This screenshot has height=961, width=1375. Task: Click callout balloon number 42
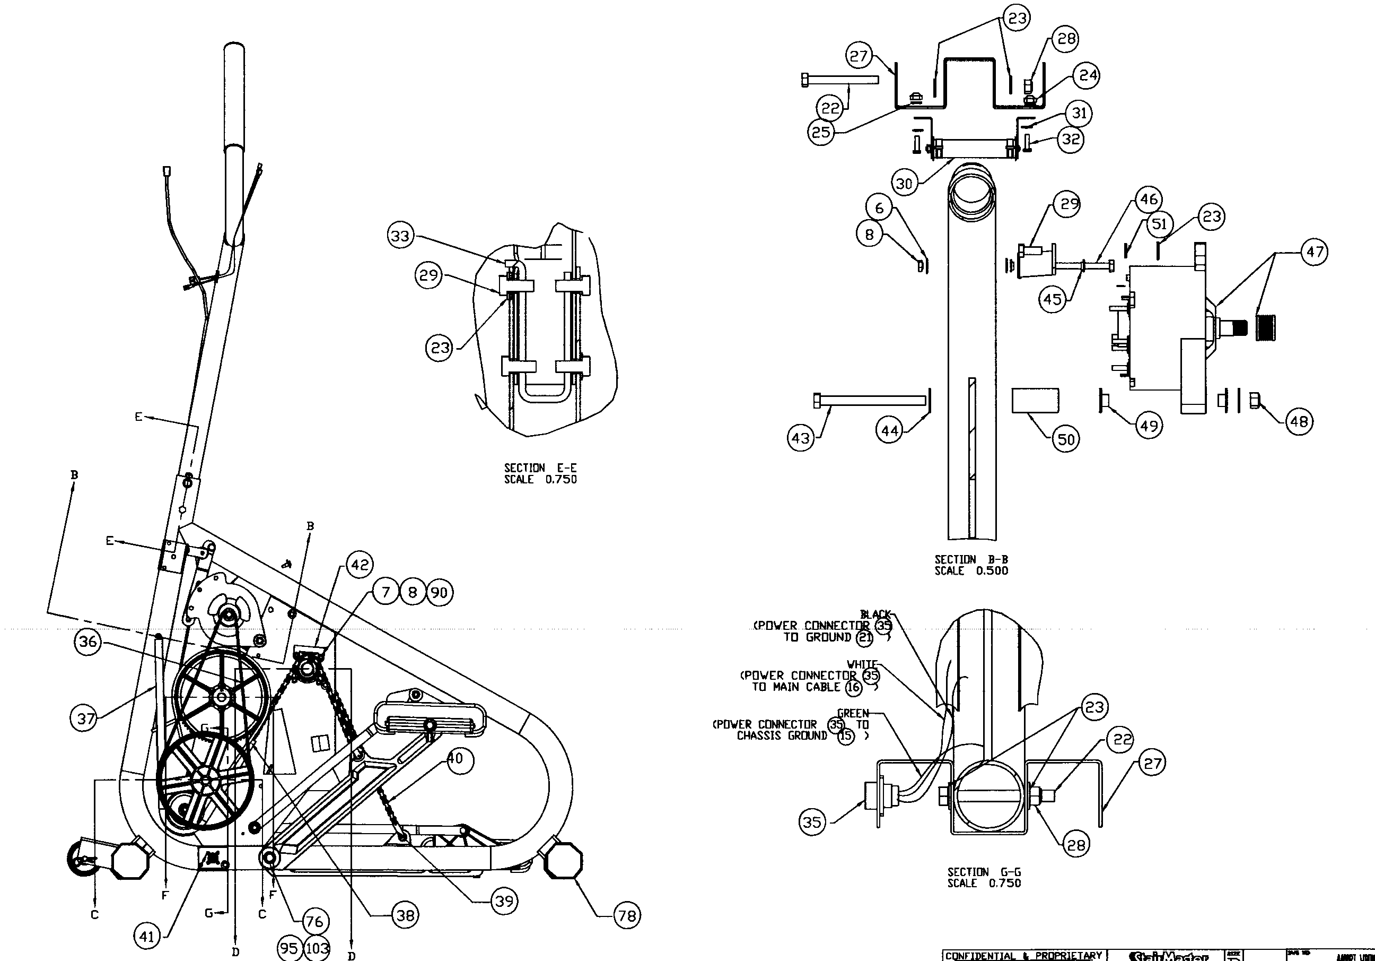pyautogui.click(x=360, y=565)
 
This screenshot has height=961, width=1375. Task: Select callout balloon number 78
pyautogui.click(x=626, y=915)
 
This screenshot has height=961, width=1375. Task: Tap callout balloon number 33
pyautogui.click(x=401, y=236)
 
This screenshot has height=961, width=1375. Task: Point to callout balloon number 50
pyautogui.click(x=1065, y=439)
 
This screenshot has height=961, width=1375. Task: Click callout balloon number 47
pyautogui.click(x=1314, y=252)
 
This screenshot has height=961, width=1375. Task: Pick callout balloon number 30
pyautogui.click(x=904, y=183)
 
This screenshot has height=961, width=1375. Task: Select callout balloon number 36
pyautogui.click(x=87, y=642)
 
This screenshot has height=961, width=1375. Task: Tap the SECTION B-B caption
pyautogui.click(x=971, y=559)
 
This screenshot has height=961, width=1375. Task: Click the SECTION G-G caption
pyautogui.click(x=983, y=872)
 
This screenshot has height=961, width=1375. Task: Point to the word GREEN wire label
pyautogui.click(x=853, y=713)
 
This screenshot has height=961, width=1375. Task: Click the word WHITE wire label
pyautogui.click(x=862, y=664)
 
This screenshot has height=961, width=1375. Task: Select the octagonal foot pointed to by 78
pyautogui.click(x=563, y=860)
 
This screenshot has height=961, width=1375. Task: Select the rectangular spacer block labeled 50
pyautogui.click(x=1035, y=400)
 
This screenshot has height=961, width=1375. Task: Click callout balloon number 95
pyautogui.click(x=288, y=948)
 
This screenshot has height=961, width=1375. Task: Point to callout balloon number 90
pyautogui.click(x=439, y=593)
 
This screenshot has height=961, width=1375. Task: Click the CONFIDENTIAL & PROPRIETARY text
pyautogui.click(x=1023, y=955)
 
